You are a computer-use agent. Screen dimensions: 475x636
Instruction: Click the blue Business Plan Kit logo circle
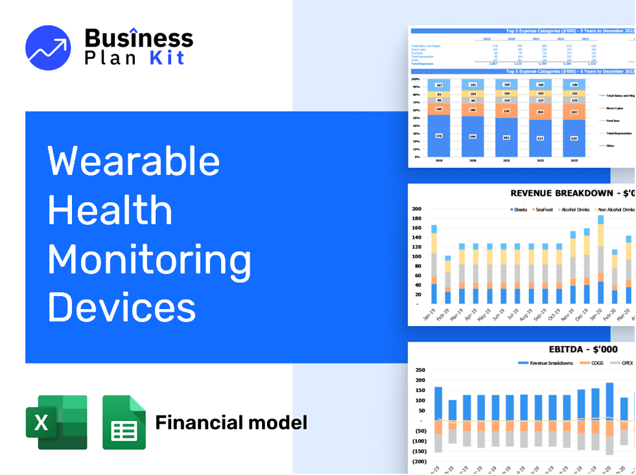click(x=48, y=48)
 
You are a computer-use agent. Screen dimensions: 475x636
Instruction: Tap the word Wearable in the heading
click(x=134, y=160)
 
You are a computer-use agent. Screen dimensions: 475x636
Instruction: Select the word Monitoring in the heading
click(x=149, y=259)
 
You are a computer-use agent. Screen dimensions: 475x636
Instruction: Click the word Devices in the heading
click(x=122, y=307)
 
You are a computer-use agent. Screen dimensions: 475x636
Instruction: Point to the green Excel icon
click(x=56, y=422)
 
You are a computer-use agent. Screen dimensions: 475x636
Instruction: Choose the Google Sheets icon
click(x=124, y=422)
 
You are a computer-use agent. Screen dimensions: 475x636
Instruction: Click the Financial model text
click(x=231, y=423)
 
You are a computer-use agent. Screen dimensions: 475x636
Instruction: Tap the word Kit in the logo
click(x=167, y=58)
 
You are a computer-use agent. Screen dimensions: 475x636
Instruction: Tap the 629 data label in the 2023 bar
click(x=573, y=138)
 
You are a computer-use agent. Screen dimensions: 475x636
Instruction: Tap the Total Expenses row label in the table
click(x=422, y=64)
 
